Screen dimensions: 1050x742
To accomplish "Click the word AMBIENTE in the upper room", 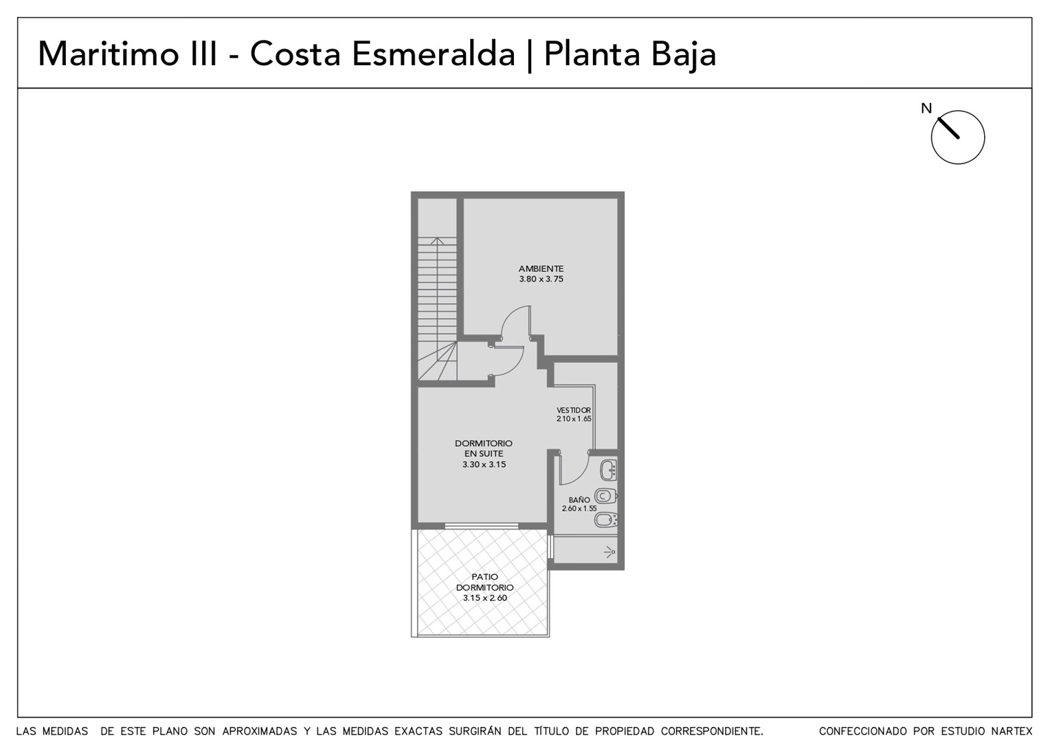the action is tap(541, 269).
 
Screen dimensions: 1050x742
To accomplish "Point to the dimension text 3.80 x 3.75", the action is tap(541, 279).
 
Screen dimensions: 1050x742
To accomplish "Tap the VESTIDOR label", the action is tap(574, 410).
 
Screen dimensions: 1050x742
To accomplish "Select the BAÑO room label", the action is tap(579, 499).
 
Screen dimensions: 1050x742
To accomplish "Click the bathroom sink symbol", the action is tap(608, 470).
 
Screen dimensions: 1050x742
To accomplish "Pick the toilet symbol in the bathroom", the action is tap(605, 495).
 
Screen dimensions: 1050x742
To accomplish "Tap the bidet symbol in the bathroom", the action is tap(605, 519).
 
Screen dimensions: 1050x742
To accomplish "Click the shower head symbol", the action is tap(610, 552).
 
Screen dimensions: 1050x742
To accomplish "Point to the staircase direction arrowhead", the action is tap(437, 241).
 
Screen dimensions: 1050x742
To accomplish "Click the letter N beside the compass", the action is tap(926, 109).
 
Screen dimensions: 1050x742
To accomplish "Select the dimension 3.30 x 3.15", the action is tap(484, 464).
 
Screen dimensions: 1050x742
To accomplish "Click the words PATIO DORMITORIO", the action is tap(484, 582).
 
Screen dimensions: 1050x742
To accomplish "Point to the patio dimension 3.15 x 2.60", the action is tap(484, 598).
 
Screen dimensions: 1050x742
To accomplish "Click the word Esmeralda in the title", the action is tap(433, 54).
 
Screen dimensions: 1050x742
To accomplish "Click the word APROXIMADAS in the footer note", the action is tap(259, 731).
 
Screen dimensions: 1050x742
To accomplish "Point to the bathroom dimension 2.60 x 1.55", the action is tap(579, 508).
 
